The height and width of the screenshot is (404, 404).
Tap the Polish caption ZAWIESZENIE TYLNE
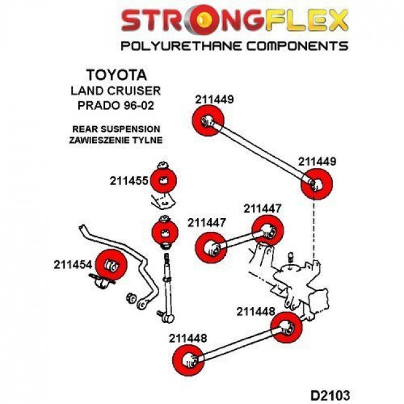pos(117,140)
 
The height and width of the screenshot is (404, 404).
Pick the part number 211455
pos(128,181)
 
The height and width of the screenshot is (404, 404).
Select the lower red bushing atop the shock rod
pos(165,233)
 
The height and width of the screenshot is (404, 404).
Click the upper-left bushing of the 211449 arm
pos(209,119)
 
